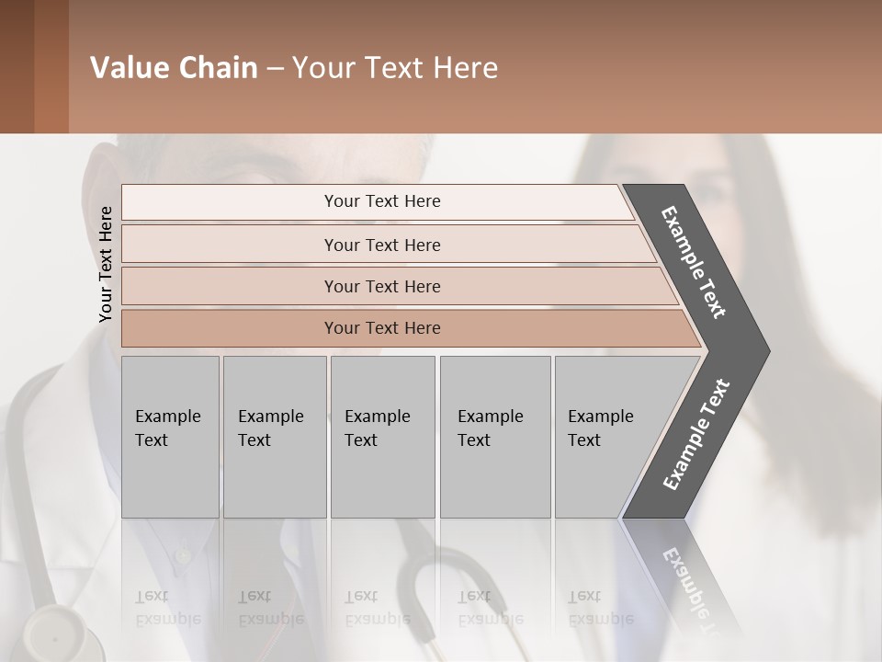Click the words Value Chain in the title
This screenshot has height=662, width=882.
(x=174, y=68)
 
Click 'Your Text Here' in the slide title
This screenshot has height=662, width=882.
(x=395, y=68)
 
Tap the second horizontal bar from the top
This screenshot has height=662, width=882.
(x=382, y=245)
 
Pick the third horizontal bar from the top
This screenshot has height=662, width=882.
(x=382, y=286)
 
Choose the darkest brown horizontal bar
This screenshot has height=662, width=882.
(x=382, y=328)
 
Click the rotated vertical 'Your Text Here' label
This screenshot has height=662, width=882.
(x=106, y=264)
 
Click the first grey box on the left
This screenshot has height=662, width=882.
(x=170, y=437)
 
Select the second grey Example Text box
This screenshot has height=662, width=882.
(x=274, y=437)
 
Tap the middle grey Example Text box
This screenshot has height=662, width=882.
(x=382, y=437)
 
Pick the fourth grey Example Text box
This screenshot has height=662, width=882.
(x=494, y=437)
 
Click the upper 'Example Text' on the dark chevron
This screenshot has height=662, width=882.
(x=695, y=263)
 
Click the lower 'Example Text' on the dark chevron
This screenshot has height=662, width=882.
(x=696, y=434)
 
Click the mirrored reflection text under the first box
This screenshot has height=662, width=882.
(x=167, y=608)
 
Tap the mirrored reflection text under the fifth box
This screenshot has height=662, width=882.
(x=599, y=608)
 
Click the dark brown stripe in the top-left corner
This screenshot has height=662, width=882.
(x=17, y=66)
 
